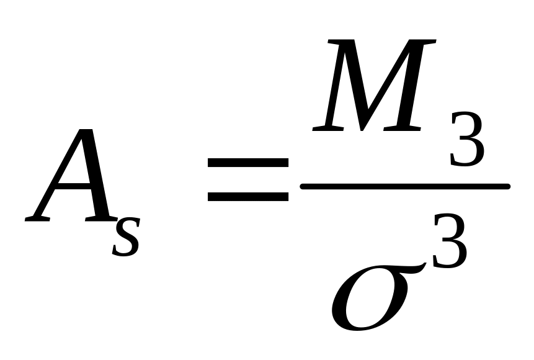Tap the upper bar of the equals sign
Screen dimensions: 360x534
click(x=247, y=163)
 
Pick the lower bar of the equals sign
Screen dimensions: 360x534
click(x=247, y=196)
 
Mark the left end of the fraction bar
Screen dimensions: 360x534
click(x=303, y=186)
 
